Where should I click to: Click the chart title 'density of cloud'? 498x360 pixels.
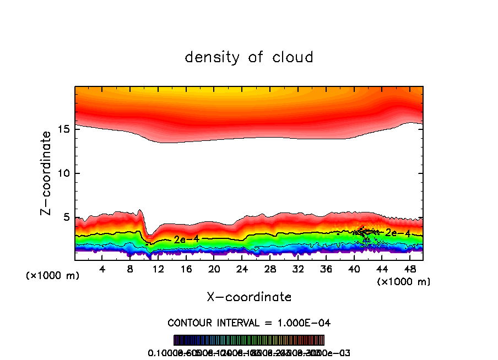pyautogui.click(x=249, y=57)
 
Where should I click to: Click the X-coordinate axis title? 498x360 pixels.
pyautogui.click(x=249, y=297)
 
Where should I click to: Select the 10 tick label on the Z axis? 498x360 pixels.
pyautogui.click(x=63, y=173)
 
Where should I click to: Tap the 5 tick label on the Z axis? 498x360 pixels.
pyautogui.click(x=67, y=217)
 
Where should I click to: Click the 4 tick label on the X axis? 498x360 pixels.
pyautogui.click(x=102, y=269)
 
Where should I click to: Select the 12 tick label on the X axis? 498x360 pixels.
pyautogui.click(x=158, y=269)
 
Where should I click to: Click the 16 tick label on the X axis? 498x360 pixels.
pyautogui.click(x=186, y=269)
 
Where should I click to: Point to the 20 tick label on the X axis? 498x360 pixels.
pyautogui.click(x=214, y=269)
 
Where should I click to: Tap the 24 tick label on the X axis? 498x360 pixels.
pyautogui.click(x=242, y=269)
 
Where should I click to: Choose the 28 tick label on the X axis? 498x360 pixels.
pyautogui.click(x=270, y=269)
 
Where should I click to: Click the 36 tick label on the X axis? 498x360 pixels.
pyautogui.click(x=326, y=269)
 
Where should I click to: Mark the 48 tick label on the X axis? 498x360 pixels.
pyautogui.click(x=409, y=269)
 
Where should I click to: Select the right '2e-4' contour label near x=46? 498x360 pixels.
pyautogui.click(x=398, y=233)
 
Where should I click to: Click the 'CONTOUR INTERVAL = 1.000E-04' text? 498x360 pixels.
pyautogui.click(x=249, y=323)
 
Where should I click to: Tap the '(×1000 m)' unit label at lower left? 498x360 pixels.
pyautogui.click(x=53, y=276)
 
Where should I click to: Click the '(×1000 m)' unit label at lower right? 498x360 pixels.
pyautogui.click(x=404, y=282)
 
